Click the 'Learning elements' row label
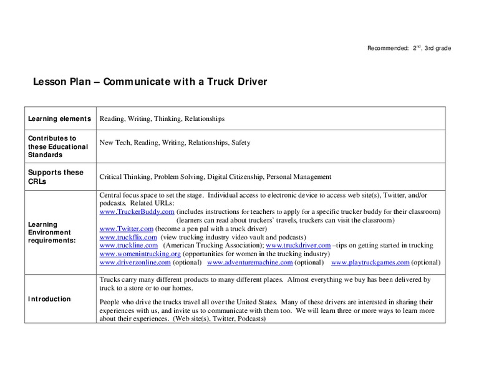pos(59,118)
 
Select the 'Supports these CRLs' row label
pos(55,176)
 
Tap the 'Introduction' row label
pos(49,299)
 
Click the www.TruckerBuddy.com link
pos(137,212)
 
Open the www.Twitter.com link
pos(127,229)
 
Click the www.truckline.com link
pos(128,246)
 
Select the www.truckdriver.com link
pos(298,246)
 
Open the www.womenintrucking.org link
pos(140,254)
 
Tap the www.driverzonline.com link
pos(135,262)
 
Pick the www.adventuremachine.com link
pos(249,262)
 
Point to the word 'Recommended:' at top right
pos(387,48)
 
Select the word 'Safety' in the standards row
pos(241,143)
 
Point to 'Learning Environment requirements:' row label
pos(52,232)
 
